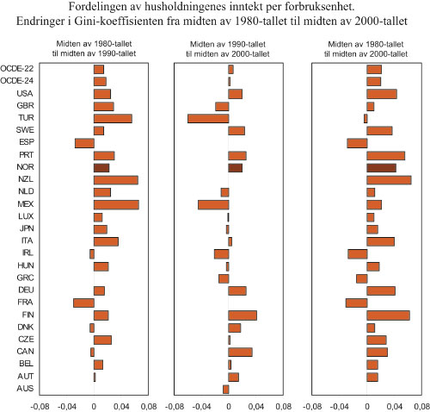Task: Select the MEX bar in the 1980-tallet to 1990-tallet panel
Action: pos(116,204)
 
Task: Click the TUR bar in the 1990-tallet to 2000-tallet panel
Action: pos(208,118)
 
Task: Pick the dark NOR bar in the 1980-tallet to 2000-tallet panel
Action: pos(382,167)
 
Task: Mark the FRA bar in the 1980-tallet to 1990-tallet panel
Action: pos(83,303)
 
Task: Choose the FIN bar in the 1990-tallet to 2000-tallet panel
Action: pos(243,315)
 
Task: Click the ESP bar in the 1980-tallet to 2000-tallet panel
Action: pos(357,143)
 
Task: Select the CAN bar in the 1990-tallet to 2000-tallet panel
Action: pos(240,352)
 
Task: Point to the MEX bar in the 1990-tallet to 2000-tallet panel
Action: pos(213,204)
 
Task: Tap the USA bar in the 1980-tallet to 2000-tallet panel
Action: pos(382,93)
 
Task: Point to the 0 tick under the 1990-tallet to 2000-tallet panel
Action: pos(229,404)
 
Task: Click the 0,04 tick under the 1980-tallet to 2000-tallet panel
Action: pos(394,404)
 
